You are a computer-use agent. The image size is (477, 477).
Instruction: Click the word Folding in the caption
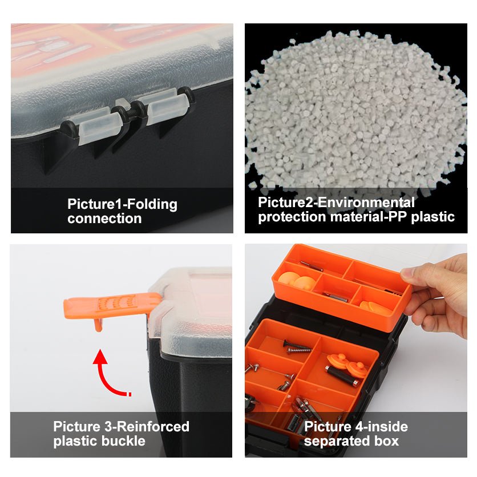point(152,204)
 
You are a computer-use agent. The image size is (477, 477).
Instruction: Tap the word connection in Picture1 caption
point(104,219)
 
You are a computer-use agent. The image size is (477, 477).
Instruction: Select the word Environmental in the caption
point(366,203)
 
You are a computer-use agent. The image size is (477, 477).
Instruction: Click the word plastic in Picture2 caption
point(432,217)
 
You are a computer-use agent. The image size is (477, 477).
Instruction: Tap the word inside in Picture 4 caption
point(386,426)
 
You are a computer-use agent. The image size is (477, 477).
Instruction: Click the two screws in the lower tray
point(297,347)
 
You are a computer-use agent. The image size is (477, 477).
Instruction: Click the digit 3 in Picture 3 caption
point(108,426)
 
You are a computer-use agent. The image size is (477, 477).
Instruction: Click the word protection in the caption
point(292,217)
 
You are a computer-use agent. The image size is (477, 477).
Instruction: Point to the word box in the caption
point(386,441)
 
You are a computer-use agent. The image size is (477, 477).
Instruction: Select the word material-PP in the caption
point(369,217)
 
